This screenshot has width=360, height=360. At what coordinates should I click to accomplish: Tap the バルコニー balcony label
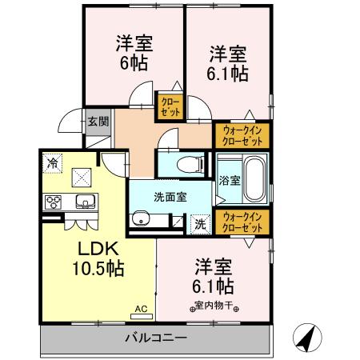(156, 338)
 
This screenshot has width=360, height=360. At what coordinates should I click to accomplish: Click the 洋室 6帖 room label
(134, 52)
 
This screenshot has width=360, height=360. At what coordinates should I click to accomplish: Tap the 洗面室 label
(170, 196)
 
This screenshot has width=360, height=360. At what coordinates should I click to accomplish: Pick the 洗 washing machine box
(200, 224)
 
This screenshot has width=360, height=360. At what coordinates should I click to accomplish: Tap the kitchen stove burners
(54, 201)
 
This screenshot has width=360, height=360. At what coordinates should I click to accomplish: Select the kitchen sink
(85, 202)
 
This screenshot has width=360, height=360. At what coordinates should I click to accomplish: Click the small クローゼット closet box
(170, 106)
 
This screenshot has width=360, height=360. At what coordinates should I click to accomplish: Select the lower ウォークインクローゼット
(242, 222)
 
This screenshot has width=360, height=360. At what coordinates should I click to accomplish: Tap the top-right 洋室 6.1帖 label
(229, 64)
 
